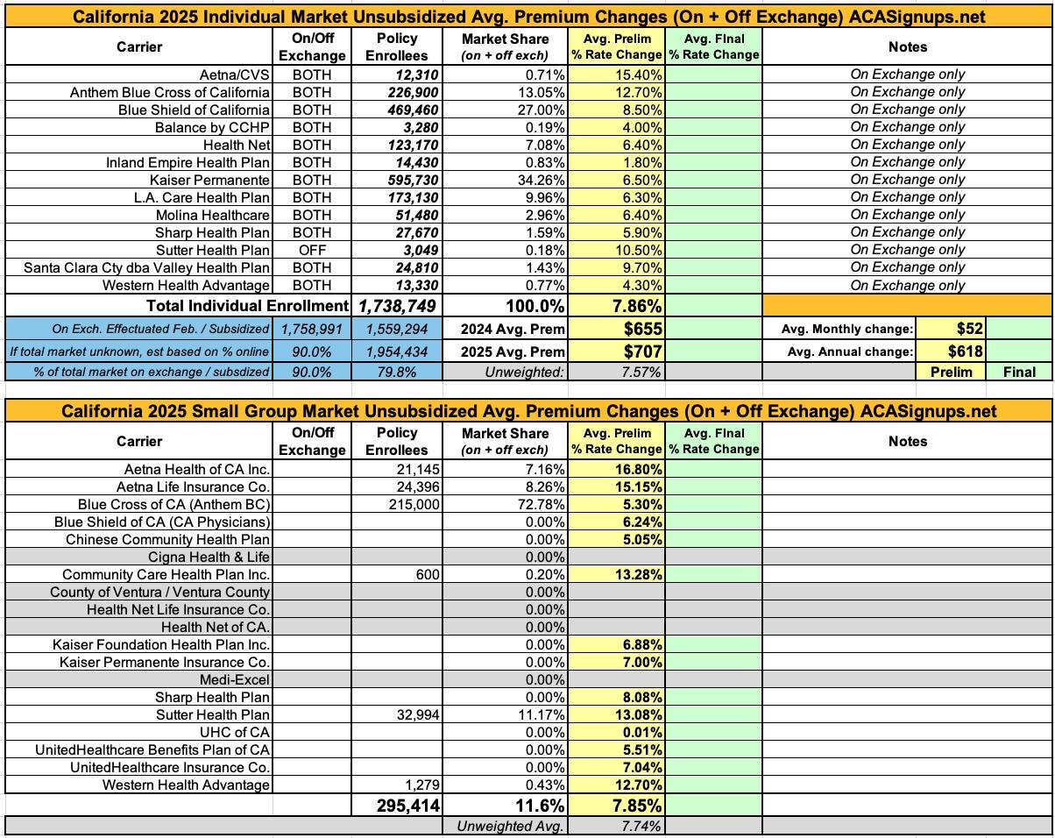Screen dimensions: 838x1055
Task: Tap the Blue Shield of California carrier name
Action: (194, 110)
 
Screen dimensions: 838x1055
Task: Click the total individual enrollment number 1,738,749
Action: (396, 306)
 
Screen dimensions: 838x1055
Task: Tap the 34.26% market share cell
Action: (540, 180)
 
